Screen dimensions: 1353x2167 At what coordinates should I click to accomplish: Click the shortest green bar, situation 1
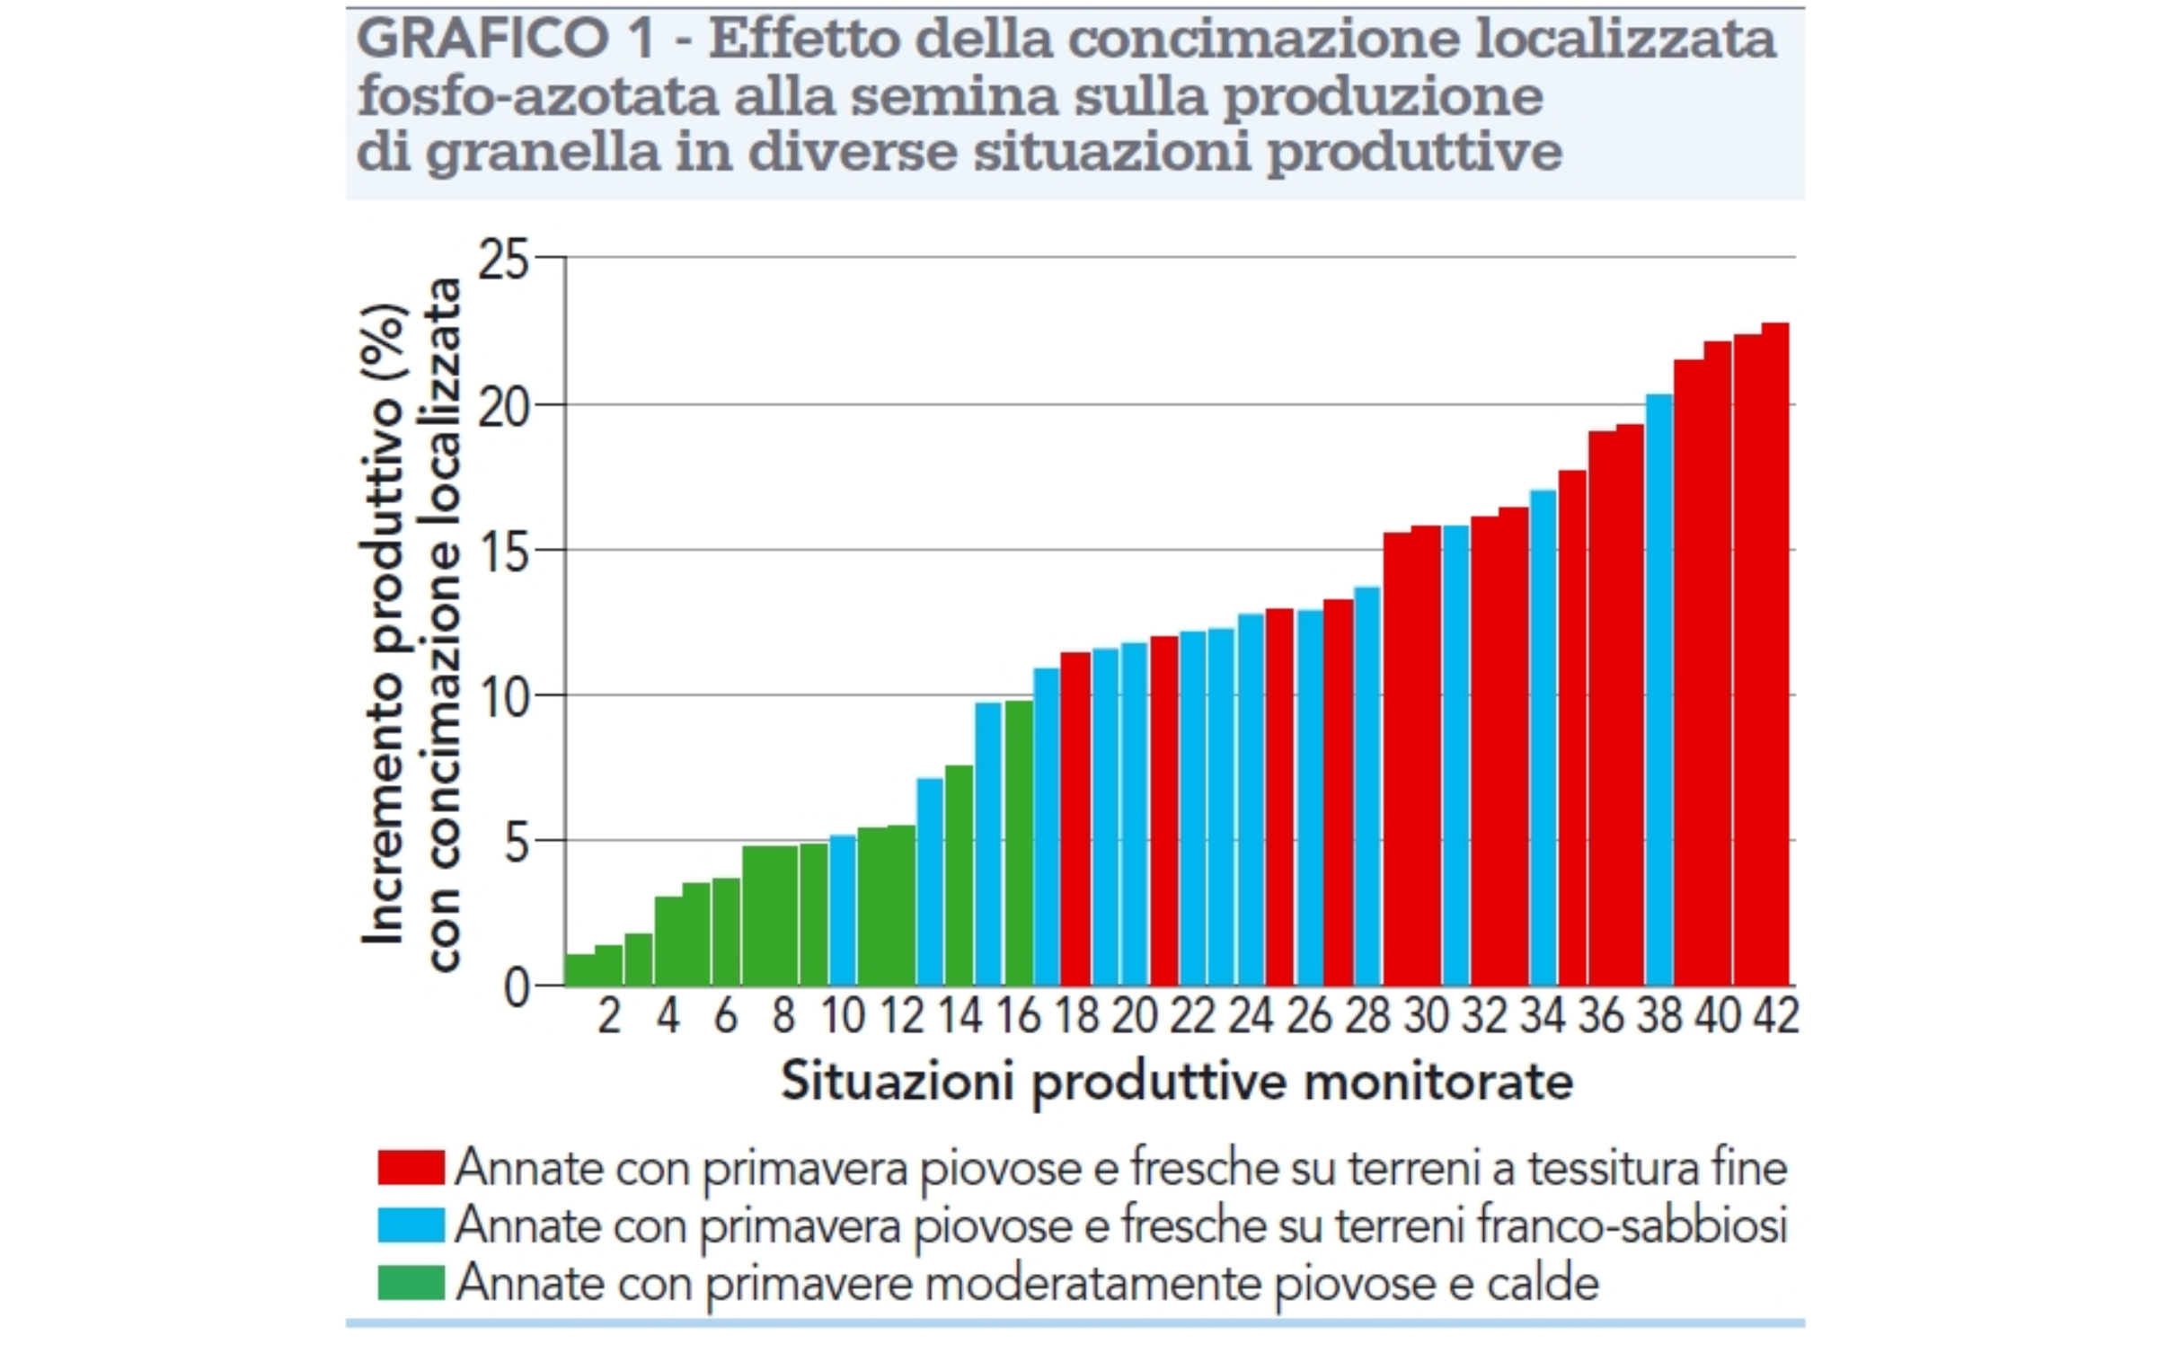coord(579,970)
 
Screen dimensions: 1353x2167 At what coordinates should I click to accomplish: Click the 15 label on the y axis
coord(504,551)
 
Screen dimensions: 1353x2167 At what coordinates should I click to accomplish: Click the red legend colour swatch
coord(411,1167)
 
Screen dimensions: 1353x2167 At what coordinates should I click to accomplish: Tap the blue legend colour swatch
coord(411,1225)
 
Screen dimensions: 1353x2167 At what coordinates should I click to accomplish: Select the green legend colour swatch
coord(411,1282)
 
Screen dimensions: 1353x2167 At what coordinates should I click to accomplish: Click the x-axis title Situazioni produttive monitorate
coord(1176,1081)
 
